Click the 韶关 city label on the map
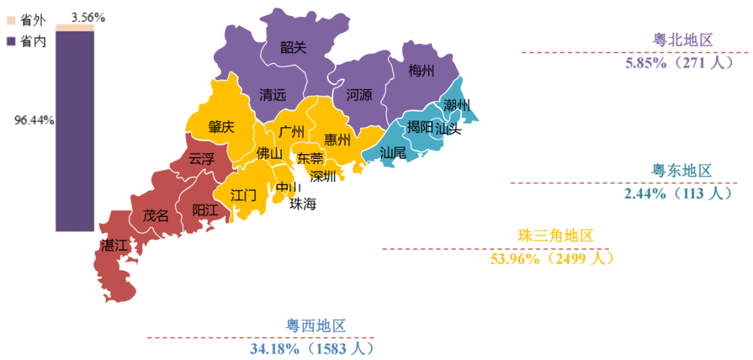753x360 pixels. point(293,47)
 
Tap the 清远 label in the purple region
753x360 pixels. point(273,95)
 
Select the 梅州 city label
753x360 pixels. point(421,70)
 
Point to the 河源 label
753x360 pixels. point(359,95)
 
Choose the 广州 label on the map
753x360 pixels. point(291,131)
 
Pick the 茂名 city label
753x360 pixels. point(155,216)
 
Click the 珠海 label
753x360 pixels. point(303,204)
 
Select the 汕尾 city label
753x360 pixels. point(393,153)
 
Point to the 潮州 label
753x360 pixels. point(457,106)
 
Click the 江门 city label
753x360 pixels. point(243,195)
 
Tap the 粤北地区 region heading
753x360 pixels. point(683,40)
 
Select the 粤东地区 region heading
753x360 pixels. point(681,171)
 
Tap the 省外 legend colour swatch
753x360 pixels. point(10,20)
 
